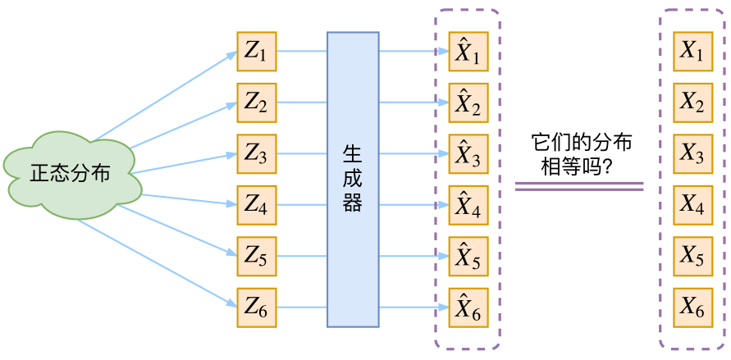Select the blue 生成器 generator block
click(353, 180)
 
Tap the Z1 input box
click(257, 52)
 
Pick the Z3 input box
click(257, 154)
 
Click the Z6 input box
click(257, 308)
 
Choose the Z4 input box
click(257, 206)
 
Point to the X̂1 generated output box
click(468, 52)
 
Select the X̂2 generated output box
click(468, 103)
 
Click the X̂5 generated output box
click(468, 257)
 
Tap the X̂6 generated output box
click(468, 308)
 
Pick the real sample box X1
click(692, 52)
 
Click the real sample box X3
click(692, 154)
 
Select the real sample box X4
click(692, 206)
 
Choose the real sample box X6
click(692, 308)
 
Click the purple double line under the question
click(579, 188)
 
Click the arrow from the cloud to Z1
click(164, 97)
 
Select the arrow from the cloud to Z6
click(156, 264)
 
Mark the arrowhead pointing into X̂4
click(444, 206)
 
